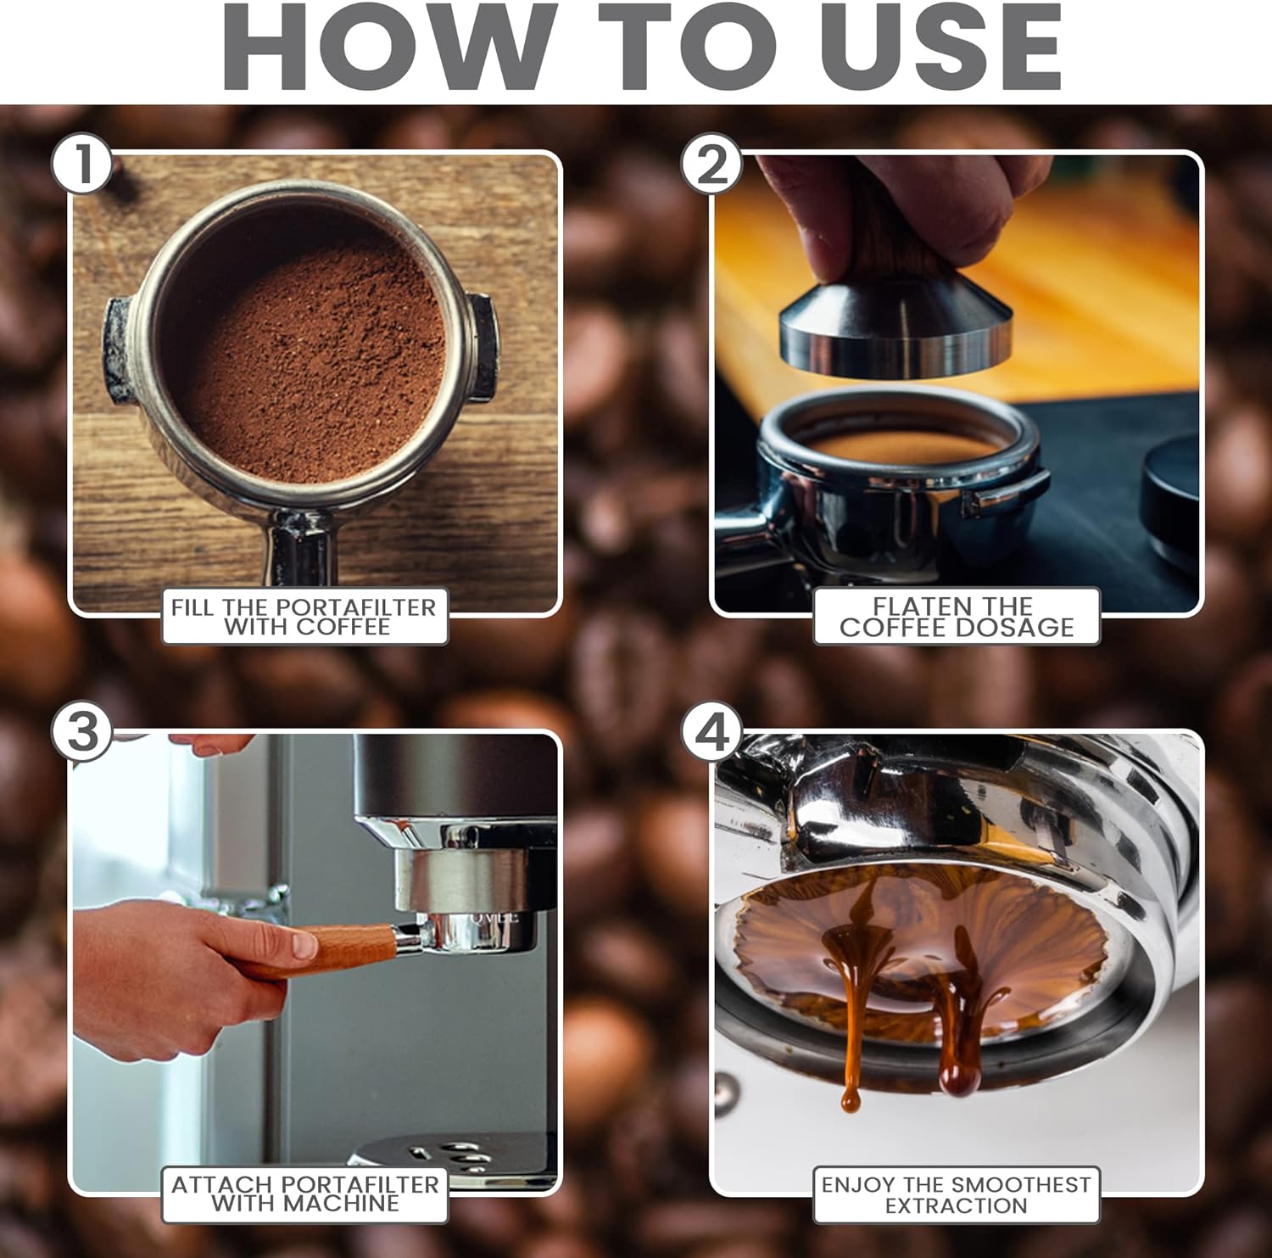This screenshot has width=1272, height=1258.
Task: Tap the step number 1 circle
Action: click(x=82, y=164)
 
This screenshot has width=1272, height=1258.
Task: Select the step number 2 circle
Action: click(x=712, y=164)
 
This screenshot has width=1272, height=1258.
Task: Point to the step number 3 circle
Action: click(x=82, y=731)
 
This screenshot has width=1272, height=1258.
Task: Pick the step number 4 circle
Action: click(x=712, y=731)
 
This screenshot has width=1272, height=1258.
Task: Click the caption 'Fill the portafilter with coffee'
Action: click(x=304, y=617)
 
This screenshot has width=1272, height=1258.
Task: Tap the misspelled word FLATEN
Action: click(x=924, y=607)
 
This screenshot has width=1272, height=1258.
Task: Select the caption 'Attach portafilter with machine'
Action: click(x=305, y=1194)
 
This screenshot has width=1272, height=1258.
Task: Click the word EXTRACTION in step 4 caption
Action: click(x=956, y=1205)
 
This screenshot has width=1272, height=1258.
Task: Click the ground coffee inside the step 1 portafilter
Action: click(x=314, y=361)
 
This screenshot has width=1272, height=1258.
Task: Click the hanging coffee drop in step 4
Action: click(x=960, y=1079)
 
